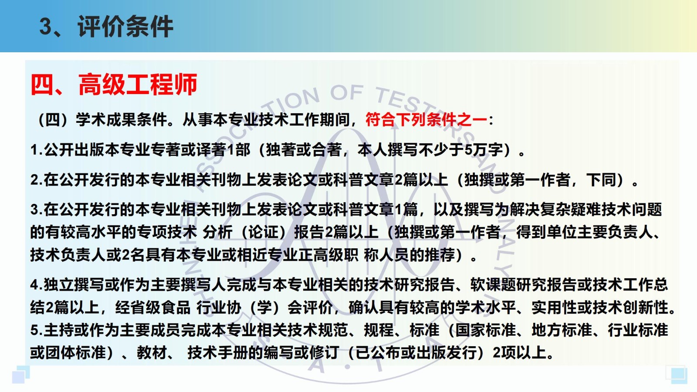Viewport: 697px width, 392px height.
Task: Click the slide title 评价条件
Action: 125,27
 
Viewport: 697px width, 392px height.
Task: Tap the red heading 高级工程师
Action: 138,84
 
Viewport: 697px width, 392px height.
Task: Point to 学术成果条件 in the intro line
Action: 122,119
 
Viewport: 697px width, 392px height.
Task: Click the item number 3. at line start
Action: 36,210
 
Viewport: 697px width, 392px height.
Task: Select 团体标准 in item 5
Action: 76,353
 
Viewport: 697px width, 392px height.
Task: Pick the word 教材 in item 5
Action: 152,353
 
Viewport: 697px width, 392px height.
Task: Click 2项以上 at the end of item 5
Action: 519,353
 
